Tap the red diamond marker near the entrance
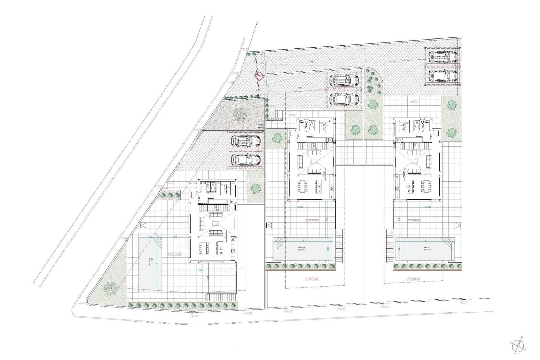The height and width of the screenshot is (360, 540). (x=259, y=76)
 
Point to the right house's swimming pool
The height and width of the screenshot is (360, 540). (x=425, y=249)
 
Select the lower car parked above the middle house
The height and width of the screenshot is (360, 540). (x=344, y=99)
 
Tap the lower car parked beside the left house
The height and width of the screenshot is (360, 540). (x=245, y=159)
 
